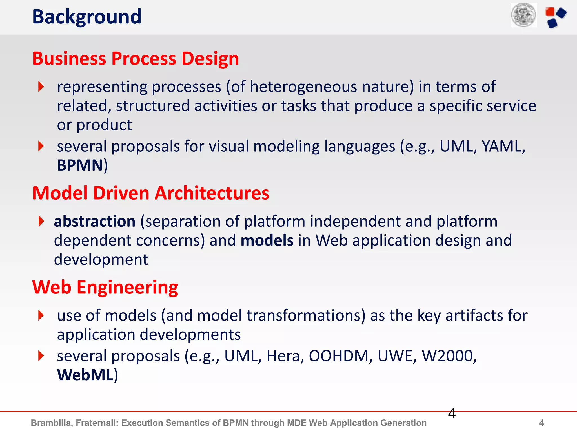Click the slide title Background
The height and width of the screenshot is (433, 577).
tap(86, 17)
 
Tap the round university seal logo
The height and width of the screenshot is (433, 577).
tap(524, 15)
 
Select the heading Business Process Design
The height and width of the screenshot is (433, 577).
tap(136, 59)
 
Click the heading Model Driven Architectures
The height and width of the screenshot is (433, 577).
tap(151, 193)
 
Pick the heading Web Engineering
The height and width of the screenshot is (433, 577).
tap(105, 288)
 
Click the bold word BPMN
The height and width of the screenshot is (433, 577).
tap(80, 165)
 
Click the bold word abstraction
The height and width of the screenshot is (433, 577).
tap(95, 221)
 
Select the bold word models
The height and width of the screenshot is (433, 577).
tap(267, 240)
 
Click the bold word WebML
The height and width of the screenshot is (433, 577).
tap(85, 375)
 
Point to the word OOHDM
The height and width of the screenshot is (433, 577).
tap(339, 356)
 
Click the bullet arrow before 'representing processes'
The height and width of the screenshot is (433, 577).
tap(41, 87)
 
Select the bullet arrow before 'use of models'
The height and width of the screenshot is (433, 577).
tap(41, 315)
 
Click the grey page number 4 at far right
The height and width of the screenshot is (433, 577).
tap(541, 423)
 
